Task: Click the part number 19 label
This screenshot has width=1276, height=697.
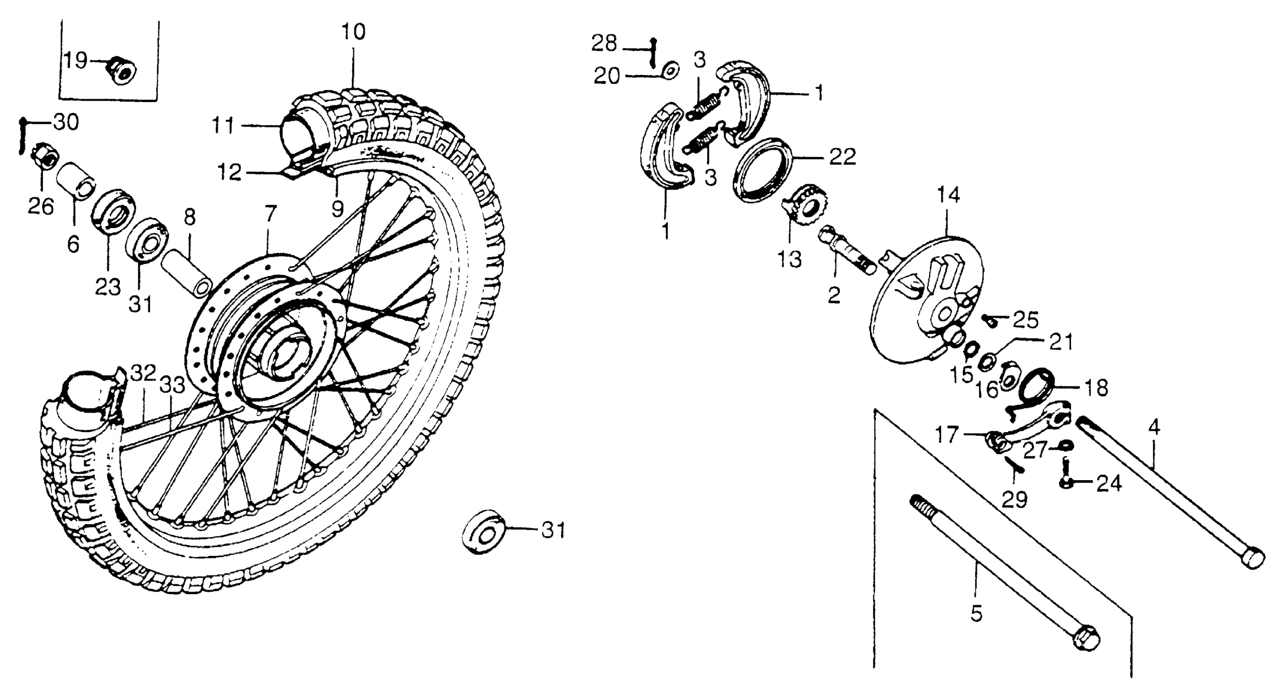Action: tap(75, 61)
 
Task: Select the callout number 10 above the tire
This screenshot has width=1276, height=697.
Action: tap(353, 32)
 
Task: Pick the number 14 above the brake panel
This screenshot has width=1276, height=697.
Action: tap(948, 195)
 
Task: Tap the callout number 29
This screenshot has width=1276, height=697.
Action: tap(1014, 499)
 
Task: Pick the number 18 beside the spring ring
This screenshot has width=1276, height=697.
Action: tap(1095, 388)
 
